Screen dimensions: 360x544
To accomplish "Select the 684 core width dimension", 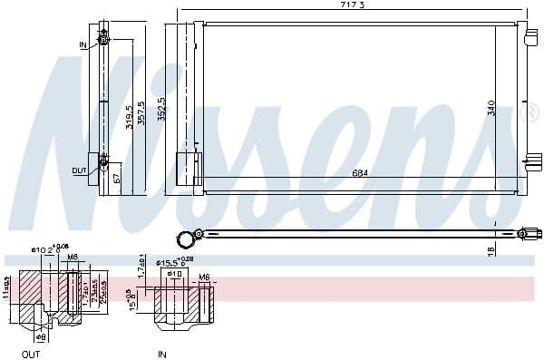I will click(360, 173).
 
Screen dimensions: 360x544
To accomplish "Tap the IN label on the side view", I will click(83, 44).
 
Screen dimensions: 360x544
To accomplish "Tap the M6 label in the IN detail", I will click(204, 277).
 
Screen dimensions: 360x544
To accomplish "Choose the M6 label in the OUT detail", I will click(73, 257).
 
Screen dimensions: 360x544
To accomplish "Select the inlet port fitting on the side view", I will click(103, 38).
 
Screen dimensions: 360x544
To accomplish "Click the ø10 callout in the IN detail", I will click(175, 274).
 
